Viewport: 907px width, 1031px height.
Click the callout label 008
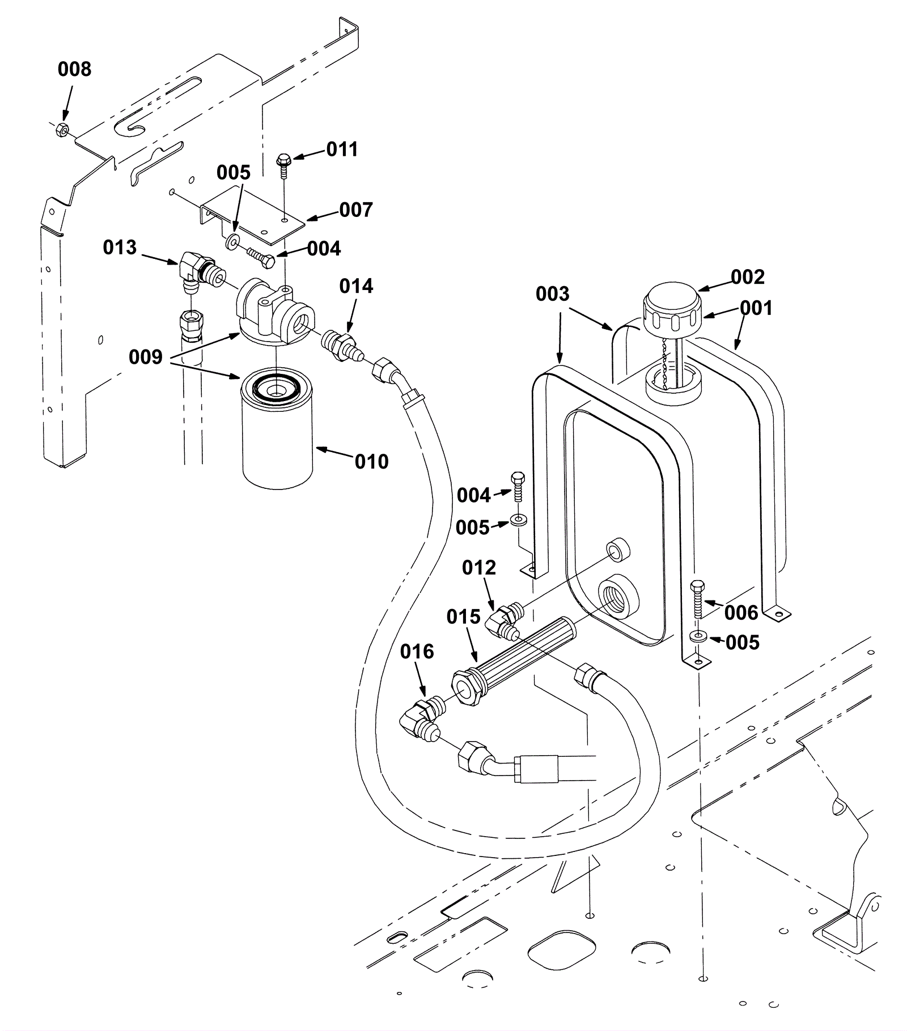(74, 69)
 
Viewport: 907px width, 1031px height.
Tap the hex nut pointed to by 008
(63, 131)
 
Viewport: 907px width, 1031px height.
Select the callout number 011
(342, 150)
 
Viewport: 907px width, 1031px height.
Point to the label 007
(356, 210)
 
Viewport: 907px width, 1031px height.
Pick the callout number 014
(356, 287)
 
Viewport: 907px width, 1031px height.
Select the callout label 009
(146, 357)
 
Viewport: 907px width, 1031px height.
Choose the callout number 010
(372, 462)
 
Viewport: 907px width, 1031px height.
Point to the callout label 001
(756, 309)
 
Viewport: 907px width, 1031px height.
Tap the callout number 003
(553, 294)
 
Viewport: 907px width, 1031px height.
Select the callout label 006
(741, 612)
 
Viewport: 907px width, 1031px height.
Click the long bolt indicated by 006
(698, 600)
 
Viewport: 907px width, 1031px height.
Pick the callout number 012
(479, 568)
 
